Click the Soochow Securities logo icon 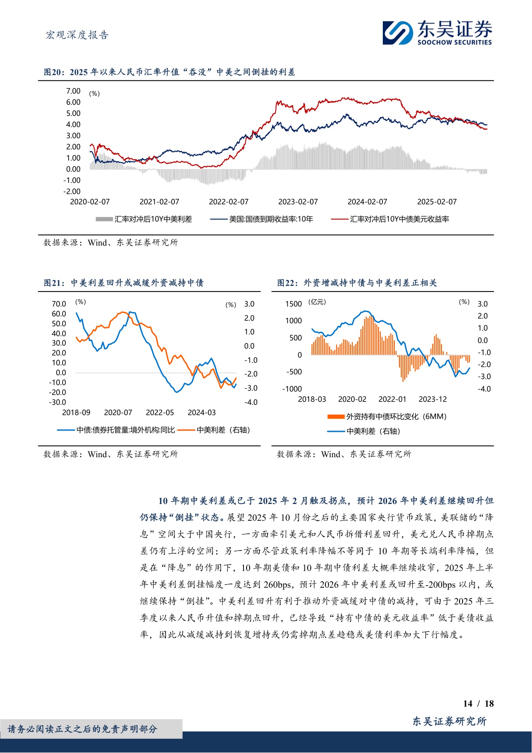[397, 33]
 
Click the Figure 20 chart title [169, 72]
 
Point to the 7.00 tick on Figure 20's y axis [73, 91]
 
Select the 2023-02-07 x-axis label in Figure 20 [298, 202]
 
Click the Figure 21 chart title [123, 283]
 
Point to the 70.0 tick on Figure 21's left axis [59, 304]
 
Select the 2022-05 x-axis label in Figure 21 [160, 413]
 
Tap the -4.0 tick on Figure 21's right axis [251, 402]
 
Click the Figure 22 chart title [357, 283]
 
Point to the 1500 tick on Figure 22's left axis [294, 304]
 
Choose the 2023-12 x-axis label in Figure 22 [433, 399]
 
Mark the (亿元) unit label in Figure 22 [317, 302]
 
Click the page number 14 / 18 [478, 704]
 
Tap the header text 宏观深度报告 [77, 35]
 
